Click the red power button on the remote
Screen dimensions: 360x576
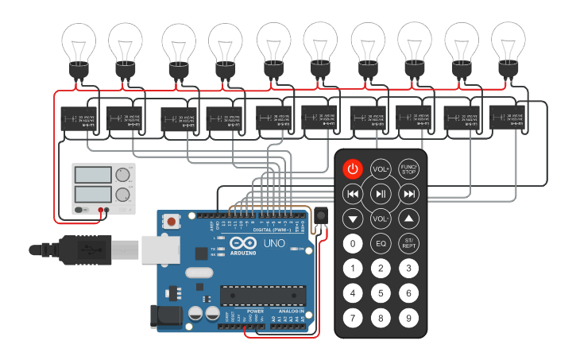click(353, 168)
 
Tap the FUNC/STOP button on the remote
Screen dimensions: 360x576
click(408, 168)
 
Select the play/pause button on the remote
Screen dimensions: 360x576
click(381, 193)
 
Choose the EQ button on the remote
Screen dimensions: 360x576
click(381, 243)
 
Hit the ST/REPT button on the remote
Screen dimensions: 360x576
click(408, 243)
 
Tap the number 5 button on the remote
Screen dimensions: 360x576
click(381, 293)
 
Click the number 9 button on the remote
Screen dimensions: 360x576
click(408, 319)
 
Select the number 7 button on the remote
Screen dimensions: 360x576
click(353, 319)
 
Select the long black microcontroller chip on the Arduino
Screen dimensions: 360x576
click(263, 294)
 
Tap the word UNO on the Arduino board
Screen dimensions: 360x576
click(274, 243)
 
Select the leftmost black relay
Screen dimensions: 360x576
click(78, 119)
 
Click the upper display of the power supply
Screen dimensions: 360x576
click(92, 175)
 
